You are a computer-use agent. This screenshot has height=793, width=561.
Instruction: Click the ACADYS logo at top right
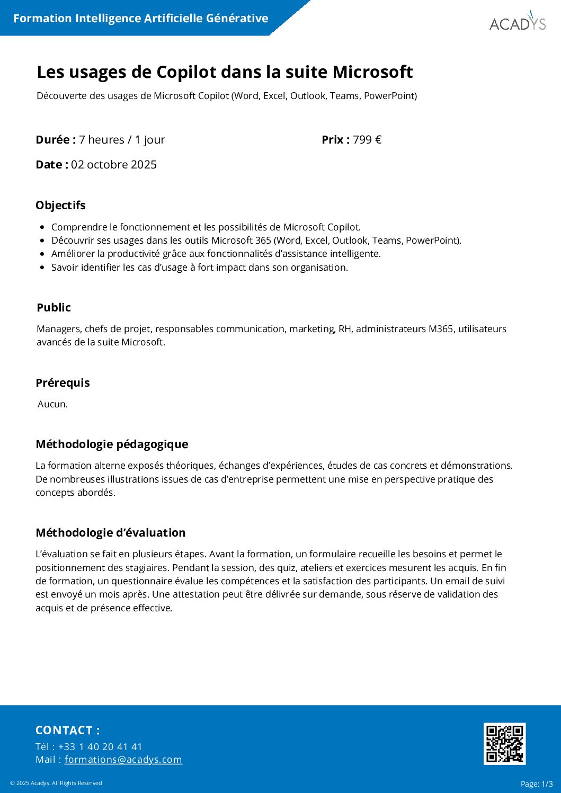pos(517,23)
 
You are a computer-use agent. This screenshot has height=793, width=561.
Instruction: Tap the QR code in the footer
pos(504,743)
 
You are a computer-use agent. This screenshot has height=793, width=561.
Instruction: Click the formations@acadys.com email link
pos(123,760)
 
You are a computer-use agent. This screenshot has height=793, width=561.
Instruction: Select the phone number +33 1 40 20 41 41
pos(100,746)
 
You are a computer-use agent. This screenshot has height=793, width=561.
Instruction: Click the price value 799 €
pos(367,140)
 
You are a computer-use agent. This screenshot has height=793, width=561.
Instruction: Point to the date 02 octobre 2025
pos(114,165)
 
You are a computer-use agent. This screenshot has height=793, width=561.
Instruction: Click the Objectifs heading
pos(60,206)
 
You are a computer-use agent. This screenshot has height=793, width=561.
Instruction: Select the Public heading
pos(54,308)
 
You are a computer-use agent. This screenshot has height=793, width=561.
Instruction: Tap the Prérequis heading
pos(63,383)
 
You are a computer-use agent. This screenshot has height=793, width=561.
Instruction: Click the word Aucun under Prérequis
pos(52,404)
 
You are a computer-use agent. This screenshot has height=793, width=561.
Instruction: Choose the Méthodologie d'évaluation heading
pos(110,533)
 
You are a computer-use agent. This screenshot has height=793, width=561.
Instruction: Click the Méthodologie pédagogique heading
pos(112,444)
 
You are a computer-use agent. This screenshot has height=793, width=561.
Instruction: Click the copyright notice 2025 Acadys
pos(56,783)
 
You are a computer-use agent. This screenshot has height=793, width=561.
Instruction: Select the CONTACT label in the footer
pos(67,730)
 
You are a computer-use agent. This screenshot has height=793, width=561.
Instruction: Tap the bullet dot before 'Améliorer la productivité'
pos(42,254)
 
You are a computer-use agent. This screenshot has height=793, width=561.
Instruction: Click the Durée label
pos(55,140)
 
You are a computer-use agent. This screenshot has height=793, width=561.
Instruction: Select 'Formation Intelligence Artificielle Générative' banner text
pos(140,19)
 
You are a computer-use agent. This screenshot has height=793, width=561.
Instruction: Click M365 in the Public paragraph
pos(441,329)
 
